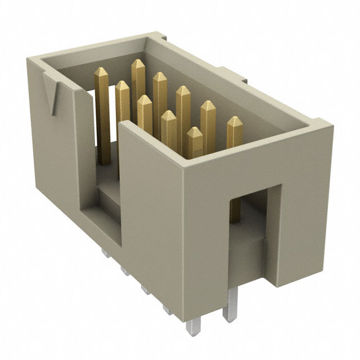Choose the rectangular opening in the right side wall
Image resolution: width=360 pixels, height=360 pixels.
click(x=246, y=225)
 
